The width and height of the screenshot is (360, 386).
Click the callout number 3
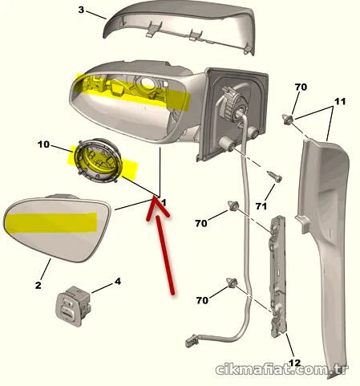click(81, 10)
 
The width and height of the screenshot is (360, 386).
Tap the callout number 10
click(43, 144)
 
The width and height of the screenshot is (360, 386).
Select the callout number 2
click(38, 285)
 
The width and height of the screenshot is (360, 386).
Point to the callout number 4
click(118, 282)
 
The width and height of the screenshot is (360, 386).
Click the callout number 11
click(340, 101)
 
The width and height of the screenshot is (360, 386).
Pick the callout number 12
click(295, 363)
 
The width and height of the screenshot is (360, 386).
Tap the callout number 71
click(261, 206)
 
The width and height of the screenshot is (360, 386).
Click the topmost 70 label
click(301, 87)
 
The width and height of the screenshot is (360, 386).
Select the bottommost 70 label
click(202, 300)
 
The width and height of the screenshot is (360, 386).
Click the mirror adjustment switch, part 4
click(74, 306)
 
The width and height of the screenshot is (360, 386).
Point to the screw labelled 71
click(275, 177)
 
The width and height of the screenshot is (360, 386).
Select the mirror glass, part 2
click(57, 228)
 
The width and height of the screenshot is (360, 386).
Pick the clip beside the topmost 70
click(288, 120)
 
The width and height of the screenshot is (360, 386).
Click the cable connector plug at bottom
click(192, 341)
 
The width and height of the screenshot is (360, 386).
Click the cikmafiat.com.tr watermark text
click(282, 370)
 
